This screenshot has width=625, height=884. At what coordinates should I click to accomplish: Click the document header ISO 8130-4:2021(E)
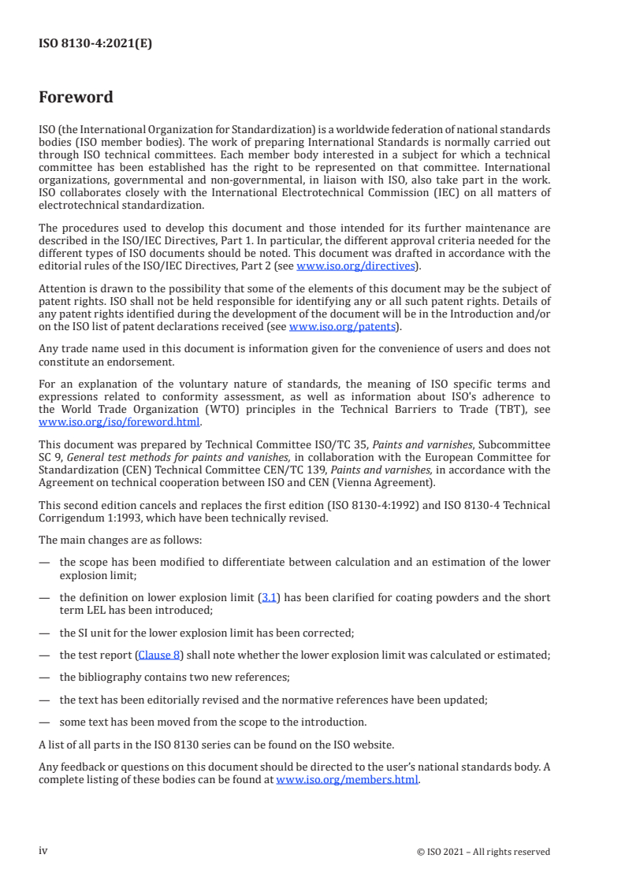point(95,44)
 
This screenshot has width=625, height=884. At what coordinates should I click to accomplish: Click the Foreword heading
point(76,98)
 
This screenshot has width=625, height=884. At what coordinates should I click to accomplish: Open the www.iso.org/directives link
point(355,266)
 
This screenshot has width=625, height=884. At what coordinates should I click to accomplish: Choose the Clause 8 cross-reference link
point(160,654)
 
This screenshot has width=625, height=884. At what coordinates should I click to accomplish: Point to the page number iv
point(43,850)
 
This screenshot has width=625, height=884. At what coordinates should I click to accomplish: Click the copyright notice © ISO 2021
point(483,852)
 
